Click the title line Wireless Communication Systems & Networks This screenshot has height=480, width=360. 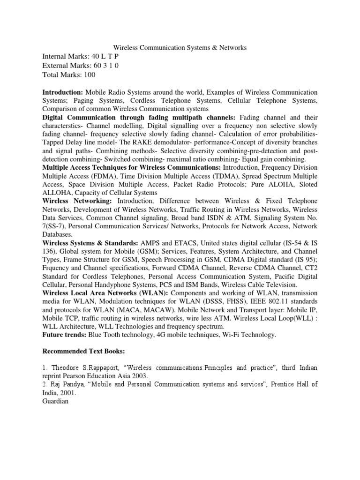pos(180,47)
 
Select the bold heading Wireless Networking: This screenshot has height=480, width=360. pos(77,201)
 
